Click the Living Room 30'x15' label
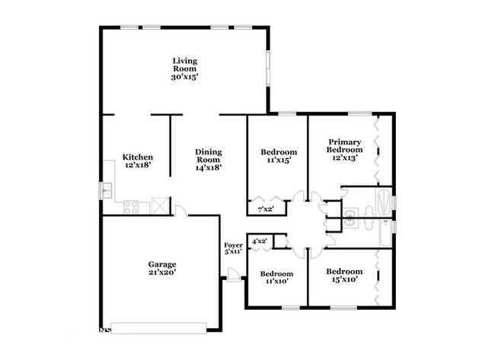pos(185,68)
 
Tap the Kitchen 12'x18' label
pos(138,161)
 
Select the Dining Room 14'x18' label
pos(208,160)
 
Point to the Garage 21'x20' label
pos(162,268)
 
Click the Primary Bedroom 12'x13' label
pos(344,150)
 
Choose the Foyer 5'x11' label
pos(233,248)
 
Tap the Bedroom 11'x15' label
pos(279,156)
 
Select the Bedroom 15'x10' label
pos(344,275)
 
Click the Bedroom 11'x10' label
pos(276,277)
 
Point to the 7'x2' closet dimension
pos(266,209)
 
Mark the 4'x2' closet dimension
pos(260,242)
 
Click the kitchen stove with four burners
pos(131,207)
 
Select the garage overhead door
pos(159,328)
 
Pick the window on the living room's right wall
pos(268,68)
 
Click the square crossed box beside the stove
pos(160,205)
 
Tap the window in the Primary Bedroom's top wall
pos(360,113)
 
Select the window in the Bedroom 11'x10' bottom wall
pos(291,307)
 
